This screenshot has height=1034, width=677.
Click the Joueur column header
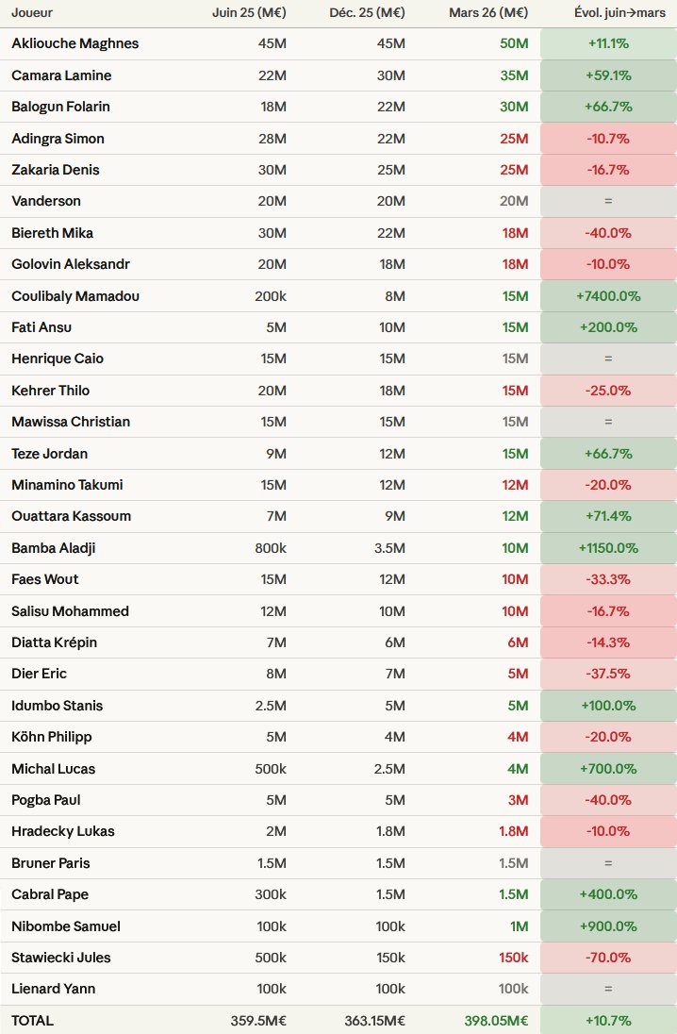(32, 13)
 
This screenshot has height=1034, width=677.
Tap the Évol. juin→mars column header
(608, 13)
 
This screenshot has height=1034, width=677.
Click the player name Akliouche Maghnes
(75, 43)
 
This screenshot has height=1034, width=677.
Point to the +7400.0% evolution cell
(608, 296)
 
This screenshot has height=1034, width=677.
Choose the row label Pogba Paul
(46, 800)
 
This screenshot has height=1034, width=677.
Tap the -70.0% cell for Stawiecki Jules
(608, 958)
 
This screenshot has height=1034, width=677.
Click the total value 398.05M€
(496, 1020)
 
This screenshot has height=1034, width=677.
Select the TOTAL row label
(33, 1020)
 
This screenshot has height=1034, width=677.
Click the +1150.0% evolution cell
(608, 548)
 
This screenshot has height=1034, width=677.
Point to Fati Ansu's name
(41, 327)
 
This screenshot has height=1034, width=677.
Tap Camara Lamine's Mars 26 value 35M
(514, 75)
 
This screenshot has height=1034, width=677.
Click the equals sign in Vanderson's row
(608, 201)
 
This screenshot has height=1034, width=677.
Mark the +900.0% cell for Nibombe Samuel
(608, 926)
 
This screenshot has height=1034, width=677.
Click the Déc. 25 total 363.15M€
(371, 1020)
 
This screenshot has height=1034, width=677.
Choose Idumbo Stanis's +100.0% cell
(608, 706)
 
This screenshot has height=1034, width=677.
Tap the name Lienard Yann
(54, 989)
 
